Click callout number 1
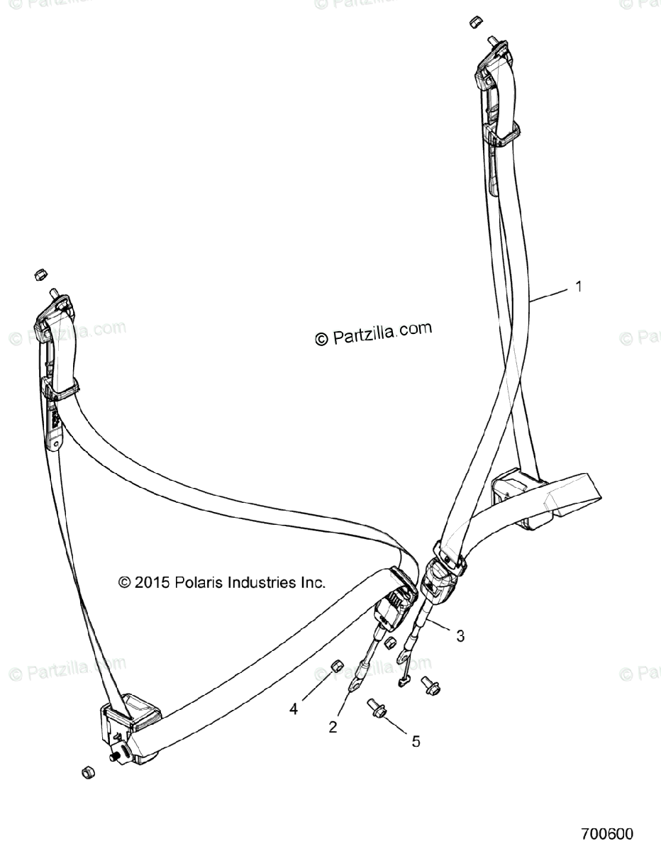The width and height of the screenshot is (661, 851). point(578,287)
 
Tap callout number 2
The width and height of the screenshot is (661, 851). point(332,727)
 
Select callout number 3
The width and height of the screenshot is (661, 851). point(460,636)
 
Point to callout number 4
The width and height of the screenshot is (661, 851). point(293,707)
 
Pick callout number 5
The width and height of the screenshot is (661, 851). point(416,741)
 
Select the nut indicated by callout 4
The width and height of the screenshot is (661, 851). point(338,666)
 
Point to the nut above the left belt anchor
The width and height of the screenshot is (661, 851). point(40,273)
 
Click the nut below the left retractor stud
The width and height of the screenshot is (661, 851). point(87,772)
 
